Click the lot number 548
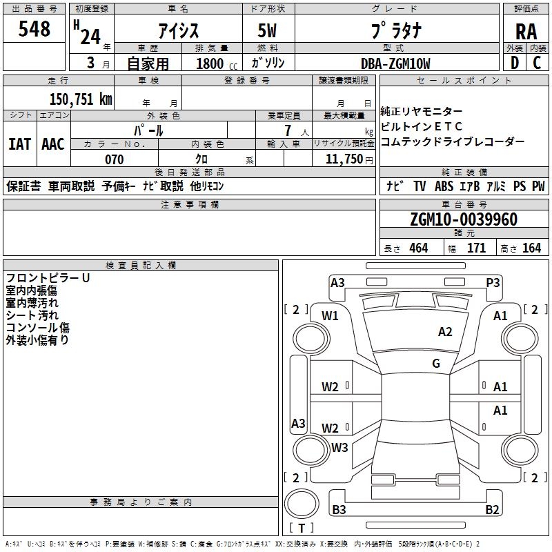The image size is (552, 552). tap(34, 28)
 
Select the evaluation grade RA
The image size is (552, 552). tap(526, 32)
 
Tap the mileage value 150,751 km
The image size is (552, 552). tap(81, 99)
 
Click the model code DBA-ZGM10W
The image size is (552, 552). tap(395, 63)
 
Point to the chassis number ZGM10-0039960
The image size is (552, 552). tap(464, 219)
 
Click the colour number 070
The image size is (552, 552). tap(115, 159)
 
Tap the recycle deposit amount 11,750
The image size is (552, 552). tap(344, 159)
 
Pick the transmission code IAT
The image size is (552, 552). tap(19, 144)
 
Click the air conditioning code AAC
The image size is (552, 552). tap(53, 144)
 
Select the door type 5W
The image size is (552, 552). tap(267, 30)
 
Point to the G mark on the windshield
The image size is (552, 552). tap(436, 363)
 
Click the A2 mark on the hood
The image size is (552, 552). tap(445, 332)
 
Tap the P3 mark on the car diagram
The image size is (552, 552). tap(493, 283)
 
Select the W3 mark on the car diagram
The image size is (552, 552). tap(339, 447)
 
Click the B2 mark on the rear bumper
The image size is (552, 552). tap(492, 509)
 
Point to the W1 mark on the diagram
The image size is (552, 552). tap(330, 316)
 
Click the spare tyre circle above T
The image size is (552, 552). tap(302, 503)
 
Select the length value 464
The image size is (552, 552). tap(419, 248)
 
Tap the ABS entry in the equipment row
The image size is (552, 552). tap(444, 186)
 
